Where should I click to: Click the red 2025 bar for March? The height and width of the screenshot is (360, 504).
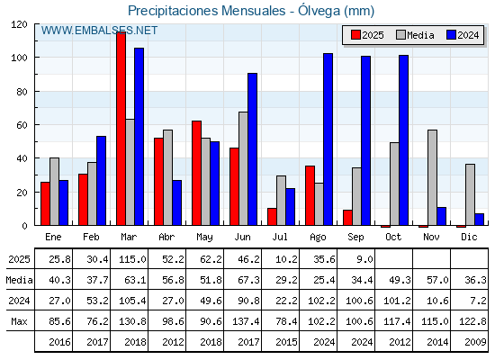pos(121,129)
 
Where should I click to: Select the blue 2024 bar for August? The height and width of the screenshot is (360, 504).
pos(328,139)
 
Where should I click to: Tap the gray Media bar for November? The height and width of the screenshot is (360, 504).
pos(432,177)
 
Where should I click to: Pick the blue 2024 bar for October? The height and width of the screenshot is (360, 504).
pos(404,140)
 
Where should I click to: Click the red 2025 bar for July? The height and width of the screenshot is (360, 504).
pos(272,217)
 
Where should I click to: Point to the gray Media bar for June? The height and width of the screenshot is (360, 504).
pos(243,168)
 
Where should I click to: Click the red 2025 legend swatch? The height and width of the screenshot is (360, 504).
pos(355,35)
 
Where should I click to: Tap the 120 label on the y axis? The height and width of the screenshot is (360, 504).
pos(19,24)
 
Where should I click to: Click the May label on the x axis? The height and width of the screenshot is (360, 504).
pos(204,238)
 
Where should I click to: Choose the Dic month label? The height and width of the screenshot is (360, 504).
pos(469,237)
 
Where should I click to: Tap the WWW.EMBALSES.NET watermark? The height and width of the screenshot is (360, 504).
pos(99,31)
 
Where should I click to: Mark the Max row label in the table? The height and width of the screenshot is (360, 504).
pos(19,321)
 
